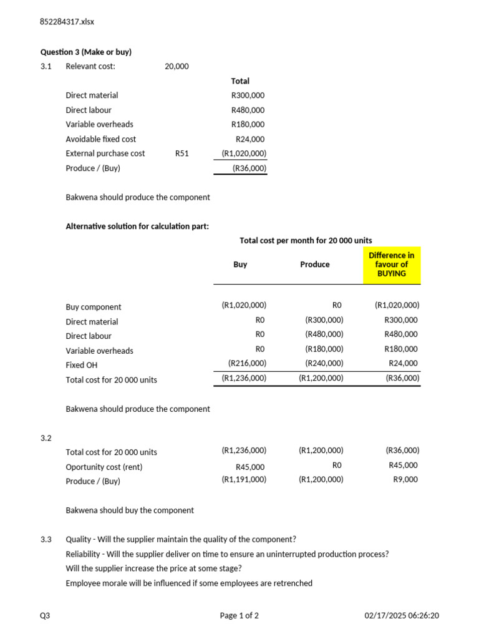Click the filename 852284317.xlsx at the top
(67, 22)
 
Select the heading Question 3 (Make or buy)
(86, 52)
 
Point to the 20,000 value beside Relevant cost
(177, 66)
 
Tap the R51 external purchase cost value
(181, 154)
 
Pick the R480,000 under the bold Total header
(248, 110)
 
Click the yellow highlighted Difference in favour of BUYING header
(392, 265)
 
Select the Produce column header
(315, 265)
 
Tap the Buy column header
(240, 265)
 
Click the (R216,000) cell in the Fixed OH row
(247, 363)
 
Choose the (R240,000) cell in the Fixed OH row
(324, 363)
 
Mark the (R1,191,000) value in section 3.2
(244, 480)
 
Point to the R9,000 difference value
(406, 480)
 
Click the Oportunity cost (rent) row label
(104, 467)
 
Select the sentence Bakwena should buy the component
(130, 510)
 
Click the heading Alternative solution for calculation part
(137, 227)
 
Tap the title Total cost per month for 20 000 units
(306, 241)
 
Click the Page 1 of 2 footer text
(239, 616)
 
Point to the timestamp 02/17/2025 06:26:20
(402, 616)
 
